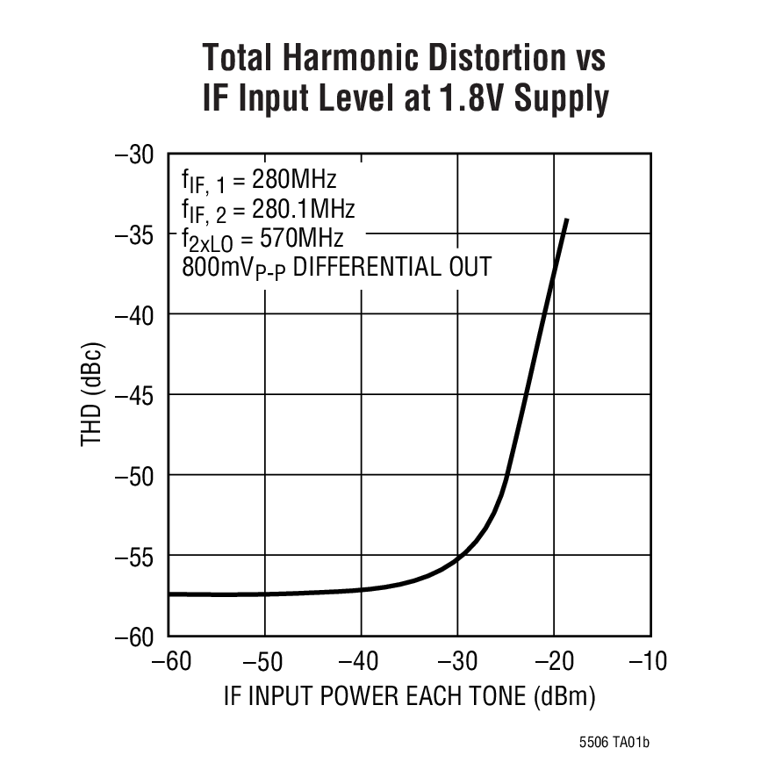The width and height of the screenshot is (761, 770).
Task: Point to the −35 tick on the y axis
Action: tap(135, 234)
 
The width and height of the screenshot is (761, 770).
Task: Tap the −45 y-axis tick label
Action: tap(135, 395)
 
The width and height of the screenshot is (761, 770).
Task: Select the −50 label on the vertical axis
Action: tap(135, 475)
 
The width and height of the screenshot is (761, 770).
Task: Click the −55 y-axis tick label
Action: tap(135, 556)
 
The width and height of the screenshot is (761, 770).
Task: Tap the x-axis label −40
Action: tap(360, 661)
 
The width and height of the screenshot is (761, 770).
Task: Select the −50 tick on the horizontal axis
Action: tap(263, 661)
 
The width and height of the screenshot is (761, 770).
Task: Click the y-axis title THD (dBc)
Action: tap(93, 395)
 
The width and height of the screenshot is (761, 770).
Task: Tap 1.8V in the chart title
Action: tap(465, 98)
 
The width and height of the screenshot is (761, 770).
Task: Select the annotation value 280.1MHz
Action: tap(304, 209)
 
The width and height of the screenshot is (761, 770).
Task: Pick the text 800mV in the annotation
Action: tap(213, 266)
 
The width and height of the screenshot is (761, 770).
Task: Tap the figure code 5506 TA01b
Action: tap(614, 744)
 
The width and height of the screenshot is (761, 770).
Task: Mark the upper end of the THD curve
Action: tap(567, 219)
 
